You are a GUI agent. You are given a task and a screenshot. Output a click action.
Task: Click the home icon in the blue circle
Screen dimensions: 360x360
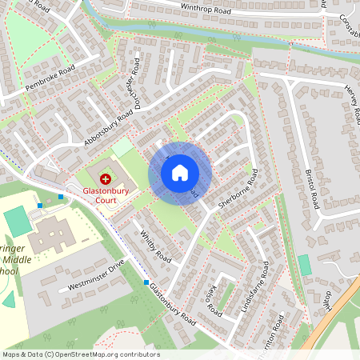click(x=180, y=172)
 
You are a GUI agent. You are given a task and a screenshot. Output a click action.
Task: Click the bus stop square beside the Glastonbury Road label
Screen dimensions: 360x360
click(x=146, y=282)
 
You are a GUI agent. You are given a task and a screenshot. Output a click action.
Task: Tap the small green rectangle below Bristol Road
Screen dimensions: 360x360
click(x=304, y=265)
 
